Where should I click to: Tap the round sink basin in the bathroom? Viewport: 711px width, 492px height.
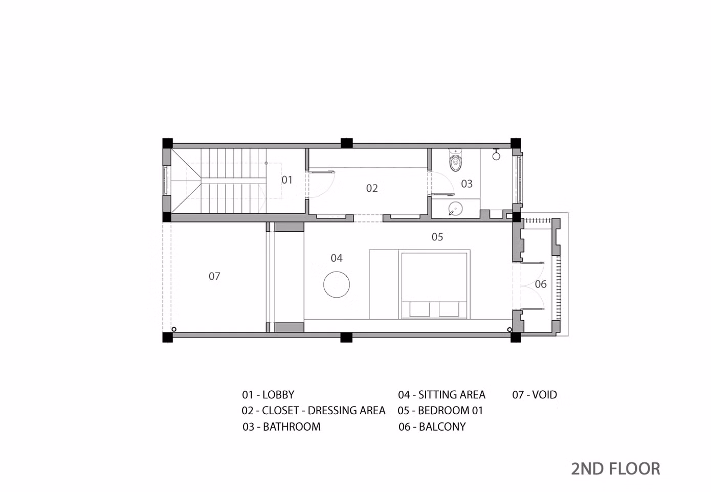pos(455,209)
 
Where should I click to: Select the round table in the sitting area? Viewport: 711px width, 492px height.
pos(337,284)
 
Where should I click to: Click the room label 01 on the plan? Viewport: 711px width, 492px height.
pos(287,180)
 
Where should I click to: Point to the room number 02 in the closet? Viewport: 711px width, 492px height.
pos(372,188)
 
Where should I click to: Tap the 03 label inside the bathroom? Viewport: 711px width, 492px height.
pos(466,184)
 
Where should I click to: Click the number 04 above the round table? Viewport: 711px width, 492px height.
pos(337,258)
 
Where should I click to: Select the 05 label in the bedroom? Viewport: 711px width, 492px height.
pos(437,237)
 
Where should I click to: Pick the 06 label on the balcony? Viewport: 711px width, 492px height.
pos(541,284)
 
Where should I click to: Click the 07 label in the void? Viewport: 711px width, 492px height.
pos(214,277)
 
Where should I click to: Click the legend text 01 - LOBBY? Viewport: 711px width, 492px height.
pos(268,394)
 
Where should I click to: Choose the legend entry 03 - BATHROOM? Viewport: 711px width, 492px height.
pos(281,427)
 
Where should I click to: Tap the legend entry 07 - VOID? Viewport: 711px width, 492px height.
pos(535,394)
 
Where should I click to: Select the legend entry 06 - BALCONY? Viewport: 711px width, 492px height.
pos(432,427)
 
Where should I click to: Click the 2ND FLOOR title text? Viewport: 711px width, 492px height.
pos(615,469)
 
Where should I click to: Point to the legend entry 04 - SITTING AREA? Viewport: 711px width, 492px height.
pos(441,394)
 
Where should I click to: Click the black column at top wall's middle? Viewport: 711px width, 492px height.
pos(346,143)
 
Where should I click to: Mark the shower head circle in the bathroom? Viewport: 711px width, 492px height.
pos(496,156)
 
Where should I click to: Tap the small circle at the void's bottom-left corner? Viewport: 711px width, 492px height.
pos(174,329)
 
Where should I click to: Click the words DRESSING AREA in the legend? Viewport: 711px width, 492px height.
pos(346,410)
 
